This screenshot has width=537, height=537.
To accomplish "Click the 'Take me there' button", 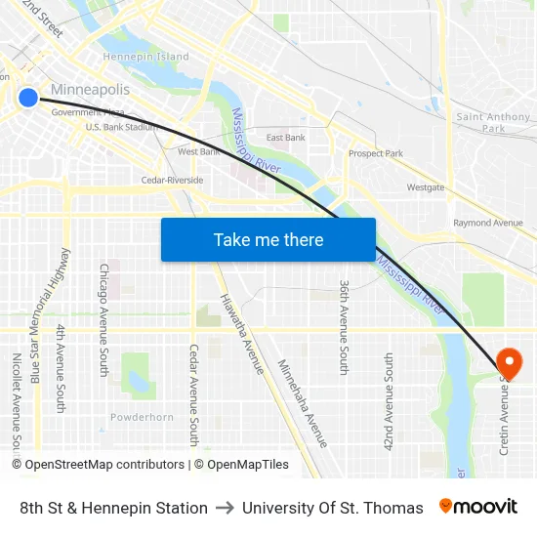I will tap(268, 239).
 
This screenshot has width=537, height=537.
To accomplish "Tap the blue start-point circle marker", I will tap(28, 97).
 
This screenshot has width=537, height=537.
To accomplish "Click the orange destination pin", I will tap(509, 363).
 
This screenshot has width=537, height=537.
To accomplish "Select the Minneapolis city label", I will tap(90, 90).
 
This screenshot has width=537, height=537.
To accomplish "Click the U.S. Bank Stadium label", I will tap(122, 127).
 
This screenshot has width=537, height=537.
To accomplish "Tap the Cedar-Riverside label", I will tap(172, 181).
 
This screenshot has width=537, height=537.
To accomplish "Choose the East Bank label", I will tap(285, 138).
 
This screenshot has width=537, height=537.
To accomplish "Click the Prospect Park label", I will tap(376, 153).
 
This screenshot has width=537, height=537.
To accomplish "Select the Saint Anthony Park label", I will tap(493, 122).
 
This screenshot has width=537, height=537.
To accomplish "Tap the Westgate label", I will tap(426, 186).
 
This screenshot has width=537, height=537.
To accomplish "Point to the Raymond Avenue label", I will tap(488, 223).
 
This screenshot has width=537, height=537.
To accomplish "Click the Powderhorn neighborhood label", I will tap(142, 417).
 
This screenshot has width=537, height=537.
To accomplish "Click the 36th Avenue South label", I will tap(344, 326).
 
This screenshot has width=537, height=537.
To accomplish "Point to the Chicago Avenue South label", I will tap(103, 319).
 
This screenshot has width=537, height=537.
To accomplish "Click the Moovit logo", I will tap(477, 507).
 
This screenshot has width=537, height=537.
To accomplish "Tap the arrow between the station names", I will tap(225, 508).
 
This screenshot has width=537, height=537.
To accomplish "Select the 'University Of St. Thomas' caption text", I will tap(332, 508).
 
